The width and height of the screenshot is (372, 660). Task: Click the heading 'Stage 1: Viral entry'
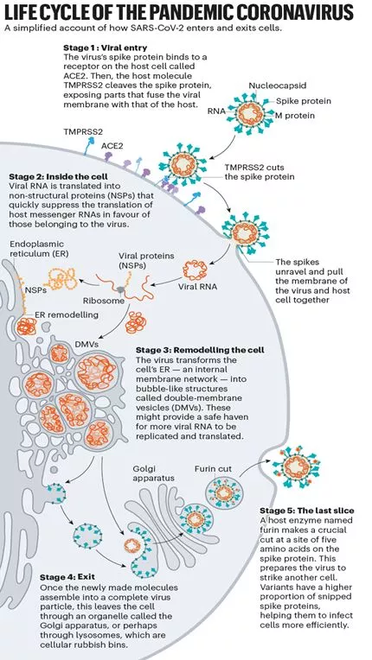[x=105, y=48]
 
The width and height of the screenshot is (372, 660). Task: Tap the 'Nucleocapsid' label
[x=277, y=86]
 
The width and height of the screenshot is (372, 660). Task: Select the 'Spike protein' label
[x=304, y=101]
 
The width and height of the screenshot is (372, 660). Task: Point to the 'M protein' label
[x=295, y=116]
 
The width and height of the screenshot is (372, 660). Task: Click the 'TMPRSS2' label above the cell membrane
[x=83, y=131]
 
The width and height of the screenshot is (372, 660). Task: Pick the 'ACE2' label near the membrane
[x=112, y=146]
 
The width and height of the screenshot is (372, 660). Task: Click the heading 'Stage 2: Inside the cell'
[x=58, y=176]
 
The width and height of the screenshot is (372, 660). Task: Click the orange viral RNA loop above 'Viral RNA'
[x=195, y=270]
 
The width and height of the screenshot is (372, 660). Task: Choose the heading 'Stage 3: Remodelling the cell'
[x=200, y=350]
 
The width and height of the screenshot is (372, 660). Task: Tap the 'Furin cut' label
[x=213, y=469]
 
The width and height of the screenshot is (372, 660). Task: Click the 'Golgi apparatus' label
[x=153, y=473]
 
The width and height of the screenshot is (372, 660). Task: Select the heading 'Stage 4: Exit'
[x=67, y=577]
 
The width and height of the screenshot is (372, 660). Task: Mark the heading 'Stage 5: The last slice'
[x=307, y=511]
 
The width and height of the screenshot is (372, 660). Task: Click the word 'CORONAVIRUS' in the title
[x=294, y=13]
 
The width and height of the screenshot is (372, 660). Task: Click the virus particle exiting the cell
[x=297, y=466]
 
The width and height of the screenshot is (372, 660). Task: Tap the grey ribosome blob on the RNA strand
[x=120, y=289]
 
